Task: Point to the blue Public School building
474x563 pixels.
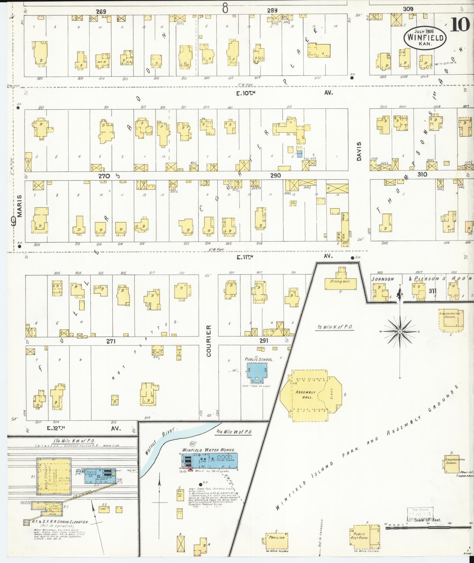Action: pyautogui.click(x=257, y=372)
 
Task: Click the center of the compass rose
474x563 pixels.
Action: pyautogui.click(x=400, y=331)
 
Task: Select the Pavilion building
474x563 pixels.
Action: pyautogui.click(x=277, y=537)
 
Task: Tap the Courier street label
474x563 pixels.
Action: pyautogui.click(x=209, y=341)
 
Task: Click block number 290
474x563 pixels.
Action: pyautogui.click(x=275, y=175)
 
